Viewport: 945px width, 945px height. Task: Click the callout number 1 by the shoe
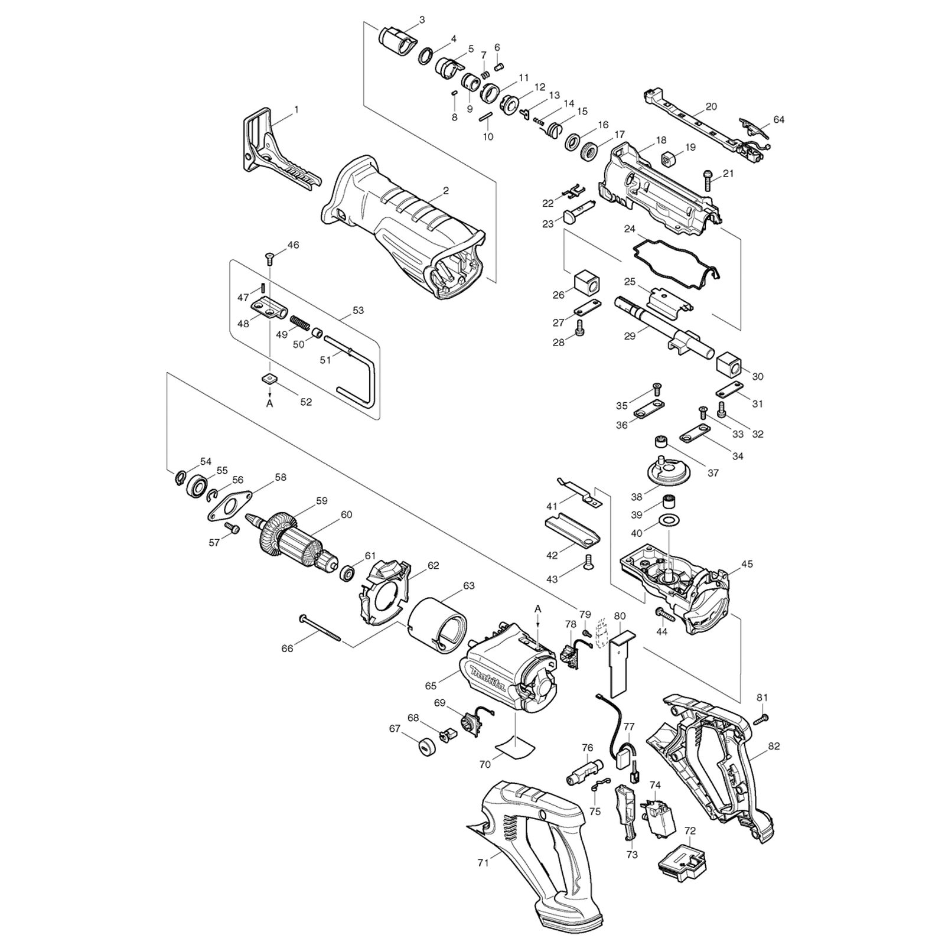[x=296, y=109]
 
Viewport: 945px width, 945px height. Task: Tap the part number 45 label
[x=747, y=564]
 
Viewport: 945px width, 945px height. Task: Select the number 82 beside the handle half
[x=774, y=746]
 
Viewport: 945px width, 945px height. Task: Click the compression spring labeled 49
[x=300, y=324]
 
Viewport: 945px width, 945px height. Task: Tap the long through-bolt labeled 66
[x=321, y=627]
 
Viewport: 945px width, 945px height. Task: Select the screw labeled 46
[x=270, y=257]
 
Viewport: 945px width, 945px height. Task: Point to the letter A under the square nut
[x=270, y=404]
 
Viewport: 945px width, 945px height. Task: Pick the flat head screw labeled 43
[x=588, y=562]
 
